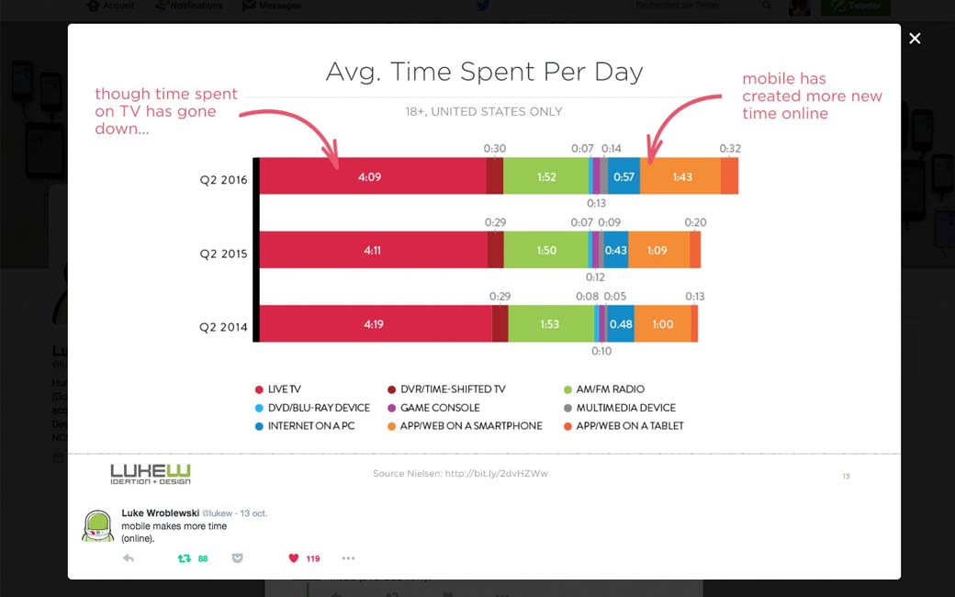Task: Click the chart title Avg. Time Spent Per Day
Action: (484, 72)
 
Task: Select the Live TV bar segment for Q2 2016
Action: (371, 176)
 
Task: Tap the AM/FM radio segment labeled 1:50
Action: (546, 250)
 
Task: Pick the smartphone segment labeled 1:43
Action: (680, 176)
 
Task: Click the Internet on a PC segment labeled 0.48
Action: (621, 323)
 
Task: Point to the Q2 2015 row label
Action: (223, 253)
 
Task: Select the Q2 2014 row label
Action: (223, 327)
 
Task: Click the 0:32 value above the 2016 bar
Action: (730, 149)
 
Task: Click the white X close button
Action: (915, 39)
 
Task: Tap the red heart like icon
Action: (294, 558)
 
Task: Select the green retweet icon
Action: (184, 558)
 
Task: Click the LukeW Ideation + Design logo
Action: (151, 474)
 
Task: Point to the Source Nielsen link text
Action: (460, 474)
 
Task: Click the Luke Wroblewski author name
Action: (160, 513)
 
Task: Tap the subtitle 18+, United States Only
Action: (484, 112)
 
